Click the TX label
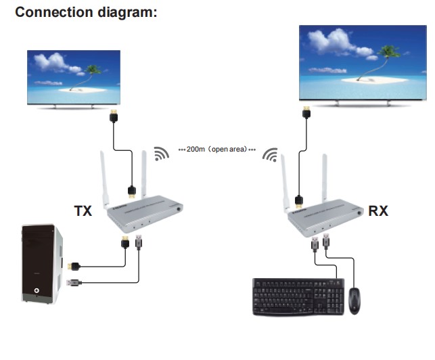click(83, 211)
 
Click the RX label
click(378, 210)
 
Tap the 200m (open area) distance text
click(217, 148)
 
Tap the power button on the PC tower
click(35, 293)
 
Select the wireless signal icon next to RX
click(271, 155)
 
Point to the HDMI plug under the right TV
click(306, 112)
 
